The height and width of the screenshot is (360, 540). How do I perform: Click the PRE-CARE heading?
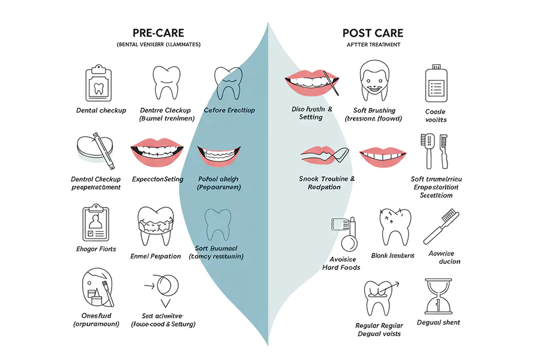point(158,33)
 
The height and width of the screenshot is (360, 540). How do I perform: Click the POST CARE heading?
point(373,33)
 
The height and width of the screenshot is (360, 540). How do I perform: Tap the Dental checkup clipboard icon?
point(99,83)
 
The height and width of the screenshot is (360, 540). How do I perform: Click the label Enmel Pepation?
point(155,256)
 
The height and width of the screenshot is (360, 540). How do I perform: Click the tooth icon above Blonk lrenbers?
point(394,227)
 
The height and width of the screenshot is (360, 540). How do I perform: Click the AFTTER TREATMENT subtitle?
point(373,45)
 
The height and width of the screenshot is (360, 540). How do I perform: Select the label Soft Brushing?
point(374,110)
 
